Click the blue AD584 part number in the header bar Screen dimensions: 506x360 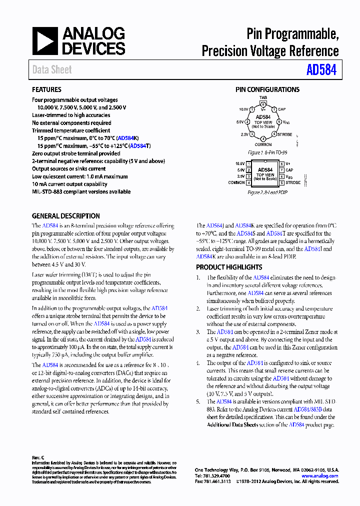pos(321,69)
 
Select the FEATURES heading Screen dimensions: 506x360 pos(46,89)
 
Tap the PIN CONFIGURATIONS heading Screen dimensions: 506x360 pos(267,89)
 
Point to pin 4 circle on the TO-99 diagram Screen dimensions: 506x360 pos(263,139)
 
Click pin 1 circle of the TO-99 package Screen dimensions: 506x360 pos(252,109)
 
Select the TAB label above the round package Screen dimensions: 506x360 pos(263,98)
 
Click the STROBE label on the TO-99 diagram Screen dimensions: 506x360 pos(284,134)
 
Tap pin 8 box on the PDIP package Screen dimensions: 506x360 pos(281,163)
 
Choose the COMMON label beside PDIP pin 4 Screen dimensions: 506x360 pos(236,183)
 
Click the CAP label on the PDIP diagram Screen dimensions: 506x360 pos(289,170)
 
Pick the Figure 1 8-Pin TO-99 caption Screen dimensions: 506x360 pos(267,152)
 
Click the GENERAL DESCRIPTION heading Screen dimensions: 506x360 pos(66,216)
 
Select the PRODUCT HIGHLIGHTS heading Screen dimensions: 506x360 pos(229,267)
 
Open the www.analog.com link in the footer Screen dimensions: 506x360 pos(320,476)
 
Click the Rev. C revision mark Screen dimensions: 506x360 pos(38,457)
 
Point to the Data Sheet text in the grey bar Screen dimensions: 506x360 pos(52,70)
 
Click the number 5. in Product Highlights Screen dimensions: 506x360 pos(198,401)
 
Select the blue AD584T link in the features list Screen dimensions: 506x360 pos(139,146)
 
